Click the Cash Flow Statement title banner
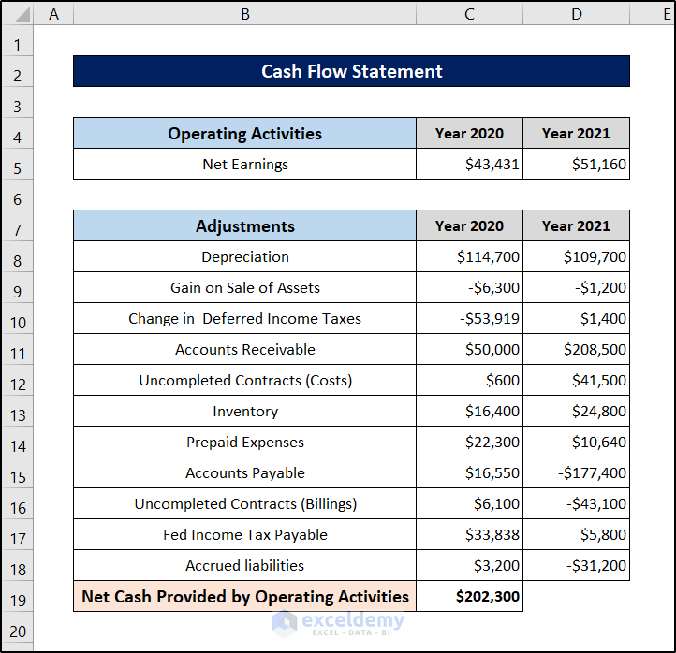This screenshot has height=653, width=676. [351, 71]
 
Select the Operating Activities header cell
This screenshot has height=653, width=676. [245, 133]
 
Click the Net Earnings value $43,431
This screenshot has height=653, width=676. [492, 164]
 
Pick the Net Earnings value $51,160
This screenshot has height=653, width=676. [599, 164]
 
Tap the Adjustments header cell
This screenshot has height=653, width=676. [245, 225]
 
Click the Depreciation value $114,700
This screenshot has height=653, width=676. [488, 256]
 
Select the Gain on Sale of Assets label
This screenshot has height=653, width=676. [245, 287]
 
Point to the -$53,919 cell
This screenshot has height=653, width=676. [469, 318]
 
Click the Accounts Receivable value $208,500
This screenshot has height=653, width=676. [595, 349]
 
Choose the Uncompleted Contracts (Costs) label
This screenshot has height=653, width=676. [245, 381]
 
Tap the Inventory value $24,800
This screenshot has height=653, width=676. [599, 411]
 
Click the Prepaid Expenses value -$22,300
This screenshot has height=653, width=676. [490, 442]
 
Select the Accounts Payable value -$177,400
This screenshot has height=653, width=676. [592, 473]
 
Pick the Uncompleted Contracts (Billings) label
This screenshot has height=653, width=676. [245, 504]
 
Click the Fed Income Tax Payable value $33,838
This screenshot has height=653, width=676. [492, 534]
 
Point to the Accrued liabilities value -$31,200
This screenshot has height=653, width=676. [596, 566]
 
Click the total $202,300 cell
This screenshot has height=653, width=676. [469, 596]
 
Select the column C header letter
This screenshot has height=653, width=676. [469, 14]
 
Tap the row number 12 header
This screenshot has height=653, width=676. [18, 385]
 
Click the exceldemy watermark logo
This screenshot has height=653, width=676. [338, 623]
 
